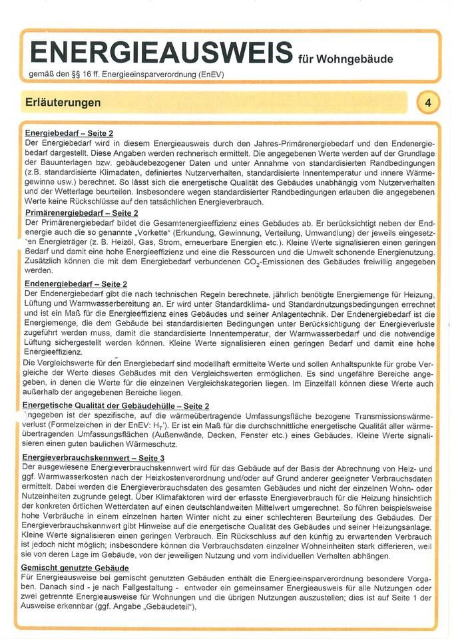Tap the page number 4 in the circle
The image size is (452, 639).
(428, 103)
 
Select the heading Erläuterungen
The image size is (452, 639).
(63, 103)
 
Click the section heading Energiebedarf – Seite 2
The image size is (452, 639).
(69, 133)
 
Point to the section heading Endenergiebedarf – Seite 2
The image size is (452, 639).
(75, 283)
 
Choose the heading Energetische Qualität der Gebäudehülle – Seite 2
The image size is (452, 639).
(116, 405)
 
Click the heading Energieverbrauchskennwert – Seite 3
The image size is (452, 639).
(93, 459)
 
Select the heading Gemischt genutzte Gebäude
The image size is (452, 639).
(75, 567)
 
